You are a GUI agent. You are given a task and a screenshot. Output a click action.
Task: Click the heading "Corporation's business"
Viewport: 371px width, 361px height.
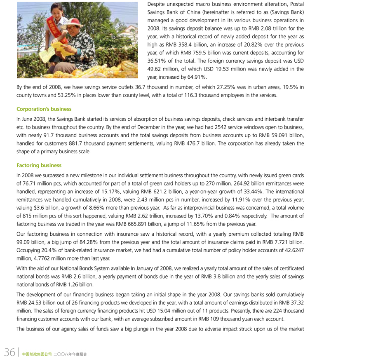(44, 109)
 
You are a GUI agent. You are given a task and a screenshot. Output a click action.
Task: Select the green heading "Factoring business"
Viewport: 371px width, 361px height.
(39, 165)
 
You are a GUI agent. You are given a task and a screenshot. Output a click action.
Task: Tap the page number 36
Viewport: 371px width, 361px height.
(9, 352)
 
